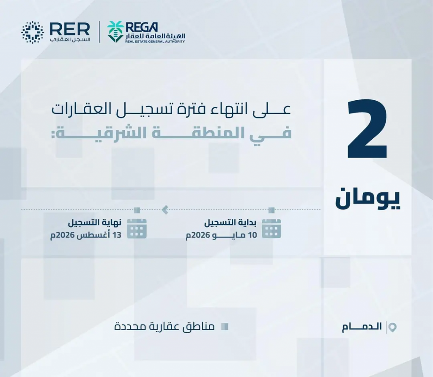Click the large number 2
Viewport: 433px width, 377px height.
367,129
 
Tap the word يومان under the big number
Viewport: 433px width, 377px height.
367,198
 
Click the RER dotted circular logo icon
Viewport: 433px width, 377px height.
33,32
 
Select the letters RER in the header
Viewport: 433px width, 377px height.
70,29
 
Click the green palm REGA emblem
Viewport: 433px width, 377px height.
115,32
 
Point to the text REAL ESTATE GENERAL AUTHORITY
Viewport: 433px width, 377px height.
155,42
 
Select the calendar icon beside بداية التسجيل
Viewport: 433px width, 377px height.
271,228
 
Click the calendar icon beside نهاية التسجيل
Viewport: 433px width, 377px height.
137,228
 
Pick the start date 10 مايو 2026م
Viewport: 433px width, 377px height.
222,235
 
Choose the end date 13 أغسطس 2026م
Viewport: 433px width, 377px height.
86,235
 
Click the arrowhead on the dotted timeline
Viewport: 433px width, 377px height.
165,210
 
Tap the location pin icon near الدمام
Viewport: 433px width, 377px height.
392,327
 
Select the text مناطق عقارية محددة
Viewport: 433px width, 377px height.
164,327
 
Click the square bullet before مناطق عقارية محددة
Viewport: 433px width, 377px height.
225,327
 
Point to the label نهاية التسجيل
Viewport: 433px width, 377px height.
95,223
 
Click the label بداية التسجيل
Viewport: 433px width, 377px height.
230,223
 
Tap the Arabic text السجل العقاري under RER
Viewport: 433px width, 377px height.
70,39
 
